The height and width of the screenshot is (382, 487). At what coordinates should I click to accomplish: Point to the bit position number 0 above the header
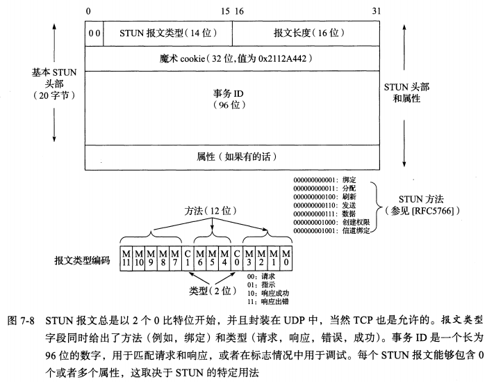coord(88,10)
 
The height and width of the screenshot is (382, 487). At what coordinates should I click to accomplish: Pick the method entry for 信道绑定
coord(330,228)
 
